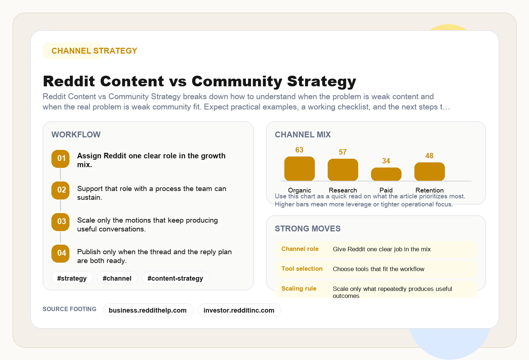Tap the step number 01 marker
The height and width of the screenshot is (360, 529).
(x=61, y=159)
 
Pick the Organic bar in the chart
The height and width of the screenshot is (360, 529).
(x=299, y=169)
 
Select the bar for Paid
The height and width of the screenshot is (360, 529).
(x=386, y=174)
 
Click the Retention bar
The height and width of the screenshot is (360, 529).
(x=429, y=172)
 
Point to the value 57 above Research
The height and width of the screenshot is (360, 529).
(x=343, y=152)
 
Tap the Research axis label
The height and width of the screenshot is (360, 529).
(x=343, y=190)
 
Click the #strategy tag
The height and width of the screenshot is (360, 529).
(x=72, y=278)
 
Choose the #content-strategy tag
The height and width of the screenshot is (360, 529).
(x=175, y=278)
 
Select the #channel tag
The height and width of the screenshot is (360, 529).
(x=117, y=278)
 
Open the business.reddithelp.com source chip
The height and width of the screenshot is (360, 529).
(x=148, y=310)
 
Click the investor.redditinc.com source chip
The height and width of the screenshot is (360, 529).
(x=239, y=310)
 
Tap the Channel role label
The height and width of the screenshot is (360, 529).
(x=300, y=249)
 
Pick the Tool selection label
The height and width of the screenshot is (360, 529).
(x=302, y=269)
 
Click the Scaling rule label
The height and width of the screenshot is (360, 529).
(x=299, y=289)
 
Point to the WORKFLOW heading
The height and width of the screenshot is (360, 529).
(x=76, y=134)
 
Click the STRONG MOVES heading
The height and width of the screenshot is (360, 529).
(x=307, y=228)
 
